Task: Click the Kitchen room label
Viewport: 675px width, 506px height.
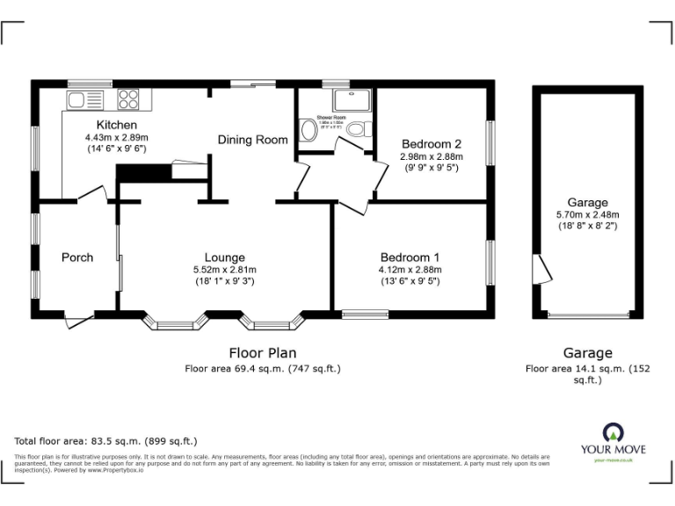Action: point(116,125)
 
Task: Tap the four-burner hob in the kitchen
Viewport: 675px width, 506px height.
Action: point(128,98)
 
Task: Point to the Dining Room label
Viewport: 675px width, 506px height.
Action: point(253,140)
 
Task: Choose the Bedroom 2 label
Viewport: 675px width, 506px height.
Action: point(431,144)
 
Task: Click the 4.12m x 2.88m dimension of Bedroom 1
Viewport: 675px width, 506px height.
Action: point(409,270)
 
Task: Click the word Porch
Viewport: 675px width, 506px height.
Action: point(77,257)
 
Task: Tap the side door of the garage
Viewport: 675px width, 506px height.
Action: point(543,270)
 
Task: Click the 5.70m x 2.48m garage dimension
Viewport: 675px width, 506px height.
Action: point(587,214)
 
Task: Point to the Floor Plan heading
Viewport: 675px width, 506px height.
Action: point(262,352)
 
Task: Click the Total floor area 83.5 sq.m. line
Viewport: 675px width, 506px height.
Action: point(105,441)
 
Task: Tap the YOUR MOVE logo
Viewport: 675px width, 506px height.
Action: point(613,440)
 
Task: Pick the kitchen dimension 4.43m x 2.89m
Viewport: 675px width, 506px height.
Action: point(116,138)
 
